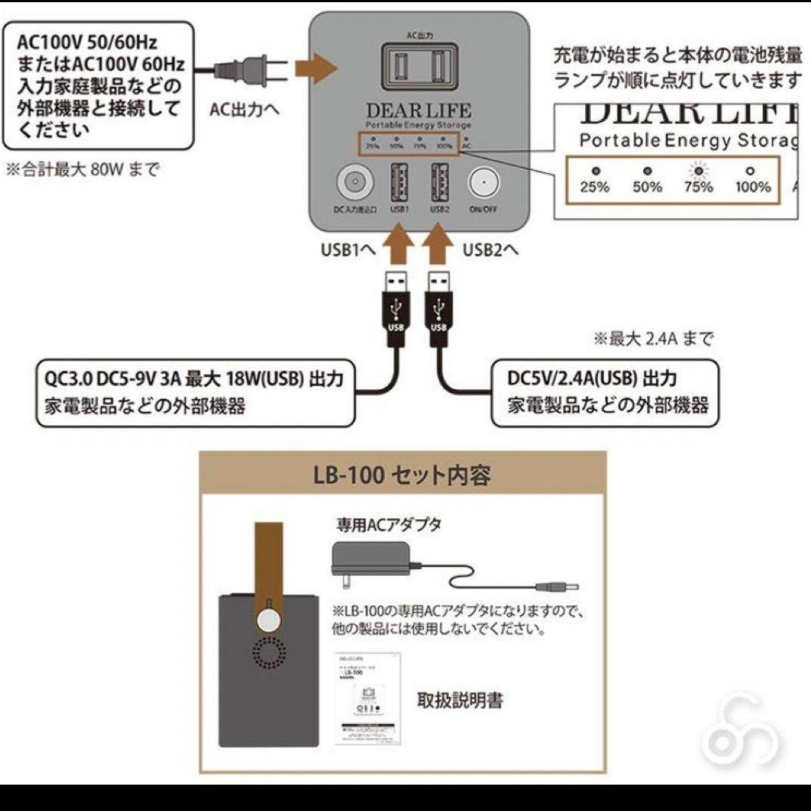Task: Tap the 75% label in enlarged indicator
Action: coord(699,187)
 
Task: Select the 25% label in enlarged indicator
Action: coord(595,187)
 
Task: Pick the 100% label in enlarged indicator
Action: coord(752,187)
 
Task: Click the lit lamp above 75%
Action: coord(699,170)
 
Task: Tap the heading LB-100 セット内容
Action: coord(402,475)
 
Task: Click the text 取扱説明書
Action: coord(460,701)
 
